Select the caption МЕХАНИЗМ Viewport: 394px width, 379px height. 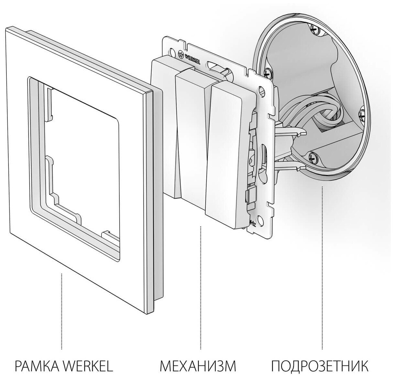[198, 366]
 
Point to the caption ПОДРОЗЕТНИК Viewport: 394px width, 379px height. [320, 366]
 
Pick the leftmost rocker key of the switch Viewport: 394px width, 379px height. [164, 123]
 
